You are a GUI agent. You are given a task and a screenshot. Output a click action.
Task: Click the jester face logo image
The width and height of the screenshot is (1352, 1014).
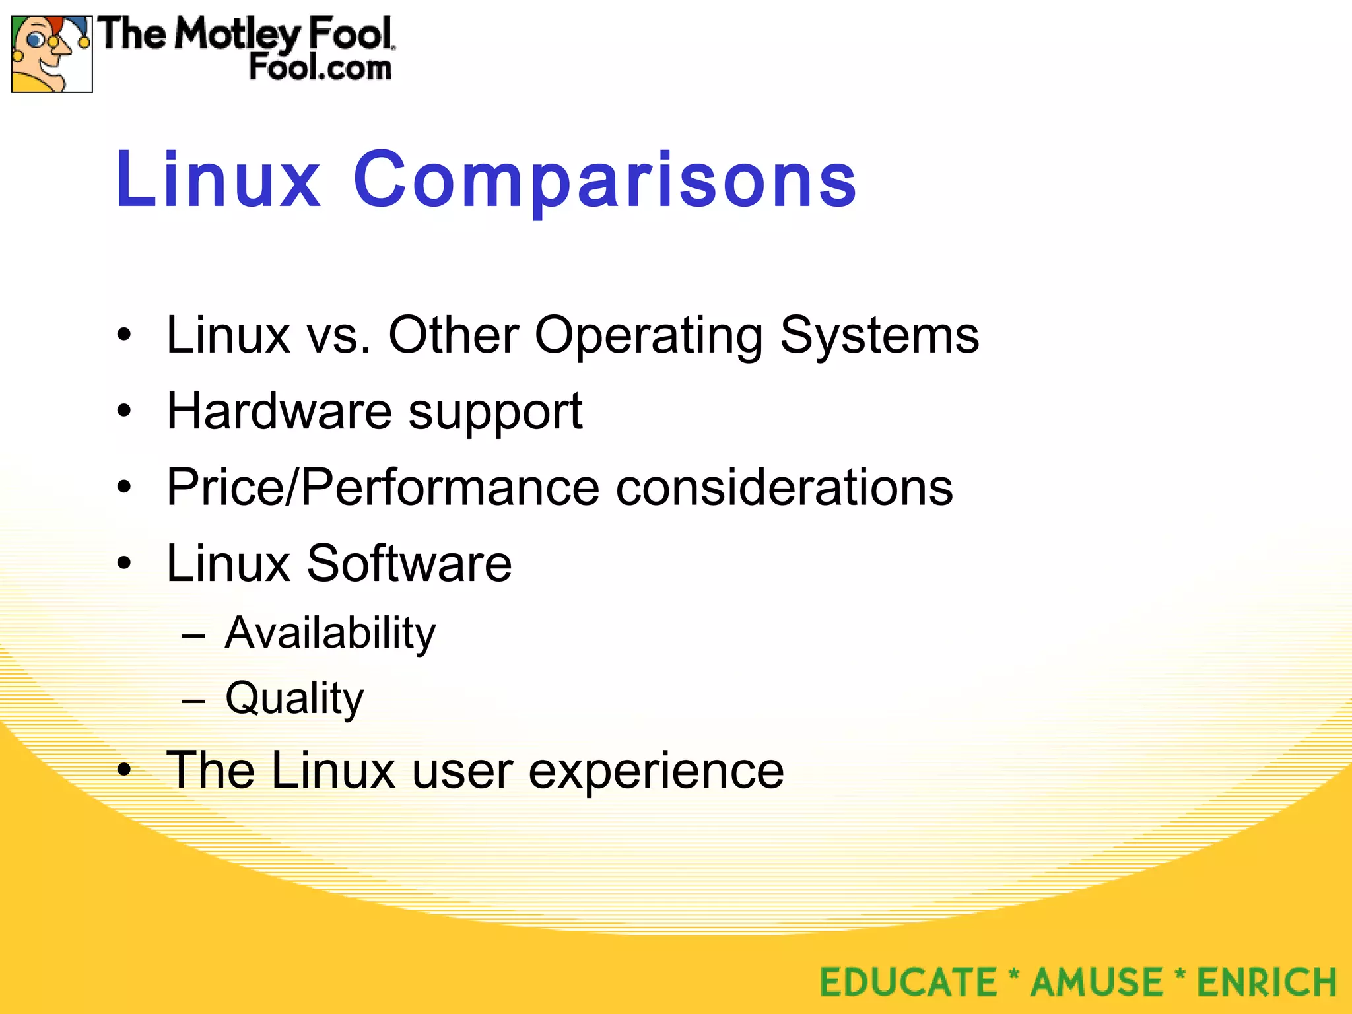[x=51, y=54]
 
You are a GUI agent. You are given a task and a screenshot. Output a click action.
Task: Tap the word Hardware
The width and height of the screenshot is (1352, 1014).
[x=279, y=411]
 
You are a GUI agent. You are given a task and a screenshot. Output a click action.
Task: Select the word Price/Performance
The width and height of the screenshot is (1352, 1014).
[x=383, y=487]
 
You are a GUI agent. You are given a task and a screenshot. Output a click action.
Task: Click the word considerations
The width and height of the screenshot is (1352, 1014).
[x=784, y=487]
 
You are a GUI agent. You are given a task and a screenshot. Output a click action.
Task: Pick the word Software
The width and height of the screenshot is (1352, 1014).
[x=409, y=563]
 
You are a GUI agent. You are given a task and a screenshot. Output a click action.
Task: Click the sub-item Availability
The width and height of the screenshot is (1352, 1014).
[x=330, y=633]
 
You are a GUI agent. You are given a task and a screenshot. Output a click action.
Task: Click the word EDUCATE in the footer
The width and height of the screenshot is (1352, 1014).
[x=908, y=982]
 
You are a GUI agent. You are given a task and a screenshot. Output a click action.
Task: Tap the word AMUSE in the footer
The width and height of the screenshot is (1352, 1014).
[x=1097, y=982]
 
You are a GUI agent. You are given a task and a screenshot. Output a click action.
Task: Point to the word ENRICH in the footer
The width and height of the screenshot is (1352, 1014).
[x=1267, y=982]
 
